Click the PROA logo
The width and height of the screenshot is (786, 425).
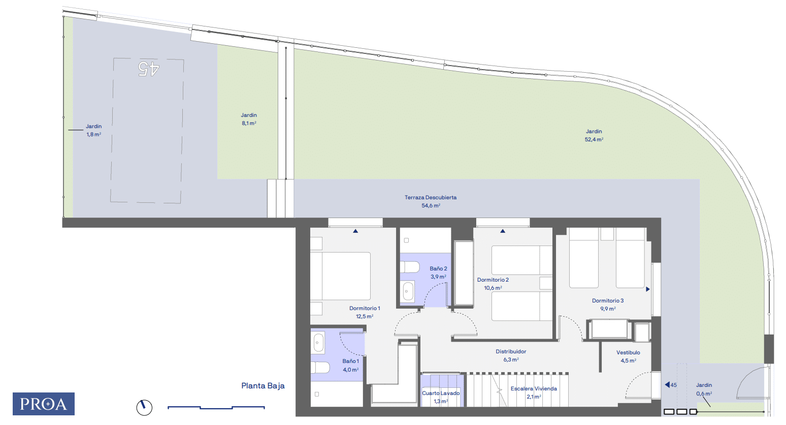click(44, 404)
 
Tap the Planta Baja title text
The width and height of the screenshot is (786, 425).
click(263, 386)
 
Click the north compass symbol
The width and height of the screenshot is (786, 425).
click(144, 407)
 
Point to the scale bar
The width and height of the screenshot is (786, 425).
click(216, 407)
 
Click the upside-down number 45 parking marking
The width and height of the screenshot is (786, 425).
click(149, 69)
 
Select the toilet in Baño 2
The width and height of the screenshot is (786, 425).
click(410, 267)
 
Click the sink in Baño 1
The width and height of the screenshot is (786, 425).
click(318, 343)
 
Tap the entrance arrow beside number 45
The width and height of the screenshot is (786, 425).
click(668, 385)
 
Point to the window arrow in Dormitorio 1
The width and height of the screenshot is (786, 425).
click(355, 231)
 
